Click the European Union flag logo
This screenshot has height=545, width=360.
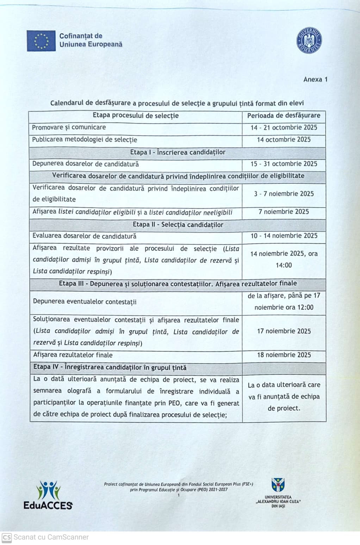click(41, 41)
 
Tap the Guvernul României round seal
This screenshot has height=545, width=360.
click(309, 41)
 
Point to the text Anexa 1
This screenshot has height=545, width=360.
click(315, 79)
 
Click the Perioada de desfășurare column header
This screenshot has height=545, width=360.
click(284, 116)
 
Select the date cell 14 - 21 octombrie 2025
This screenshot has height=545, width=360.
click(284, 128)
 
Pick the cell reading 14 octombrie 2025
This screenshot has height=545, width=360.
click(284, 140)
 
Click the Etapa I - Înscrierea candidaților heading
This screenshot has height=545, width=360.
click(178, 152)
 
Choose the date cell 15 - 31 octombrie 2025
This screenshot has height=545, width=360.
click(284, 164)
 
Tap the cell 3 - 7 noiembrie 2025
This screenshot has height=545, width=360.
click(284, 194)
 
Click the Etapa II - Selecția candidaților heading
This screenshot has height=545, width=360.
click(178, 225)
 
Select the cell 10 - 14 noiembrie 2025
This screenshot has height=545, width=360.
click(284, 236)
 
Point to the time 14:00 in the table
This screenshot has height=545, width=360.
click(284, 265)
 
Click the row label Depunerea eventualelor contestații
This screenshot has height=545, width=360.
click(85, 302)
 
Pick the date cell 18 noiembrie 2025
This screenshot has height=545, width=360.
click(284, 355)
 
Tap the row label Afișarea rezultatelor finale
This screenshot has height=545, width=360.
click(73, 355)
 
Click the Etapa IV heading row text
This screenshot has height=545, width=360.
click(110, 367)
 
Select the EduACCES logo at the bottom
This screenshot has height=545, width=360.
click(48, 495)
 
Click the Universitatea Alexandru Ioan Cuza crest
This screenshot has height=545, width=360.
click(278, 485)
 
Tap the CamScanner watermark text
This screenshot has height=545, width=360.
click(51, 537)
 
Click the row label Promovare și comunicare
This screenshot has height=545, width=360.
click(69, 128)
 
